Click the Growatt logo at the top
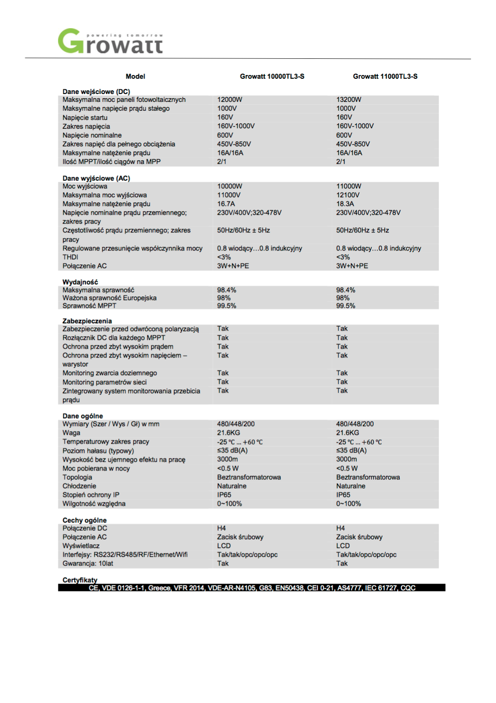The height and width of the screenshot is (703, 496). click(110, 42)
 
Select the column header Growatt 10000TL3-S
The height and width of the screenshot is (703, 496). click(272, 76)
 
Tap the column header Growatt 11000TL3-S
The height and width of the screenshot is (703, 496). click(385, 76)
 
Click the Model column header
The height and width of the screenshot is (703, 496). click(135, 76)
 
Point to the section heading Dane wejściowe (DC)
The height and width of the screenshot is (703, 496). click(96, 92)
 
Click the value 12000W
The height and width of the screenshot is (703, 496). click(229, 100)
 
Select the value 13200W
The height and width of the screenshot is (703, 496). click(349, 100)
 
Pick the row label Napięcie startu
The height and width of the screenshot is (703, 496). click(85, 118)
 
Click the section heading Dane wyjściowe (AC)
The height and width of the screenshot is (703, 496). click(96, 178)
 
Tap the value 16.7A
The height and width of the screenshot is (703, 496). click(226, 204)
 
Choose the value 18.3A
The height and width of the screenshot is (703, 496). click(345, 204)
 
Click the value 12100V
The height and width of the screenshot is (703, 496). click(348, 195)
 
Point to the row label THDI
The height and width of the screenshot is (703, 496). click(70, 257)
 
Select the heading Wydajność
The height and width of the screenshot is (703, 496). click(80, 282)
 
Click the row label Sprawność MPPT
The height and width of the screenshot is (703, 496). click(89, 306)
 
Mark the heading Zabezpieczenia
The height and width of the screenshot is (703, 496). click(87, 321)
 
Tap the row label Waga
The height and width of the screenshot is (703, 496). click(71, 433)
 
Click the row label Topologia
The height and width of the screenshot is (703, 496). click(77, 477)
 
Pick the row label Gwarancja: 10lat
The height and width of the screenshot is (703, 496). click(88, 564)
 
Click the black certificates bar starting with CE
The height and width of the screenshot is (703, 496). click(252, 588)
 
